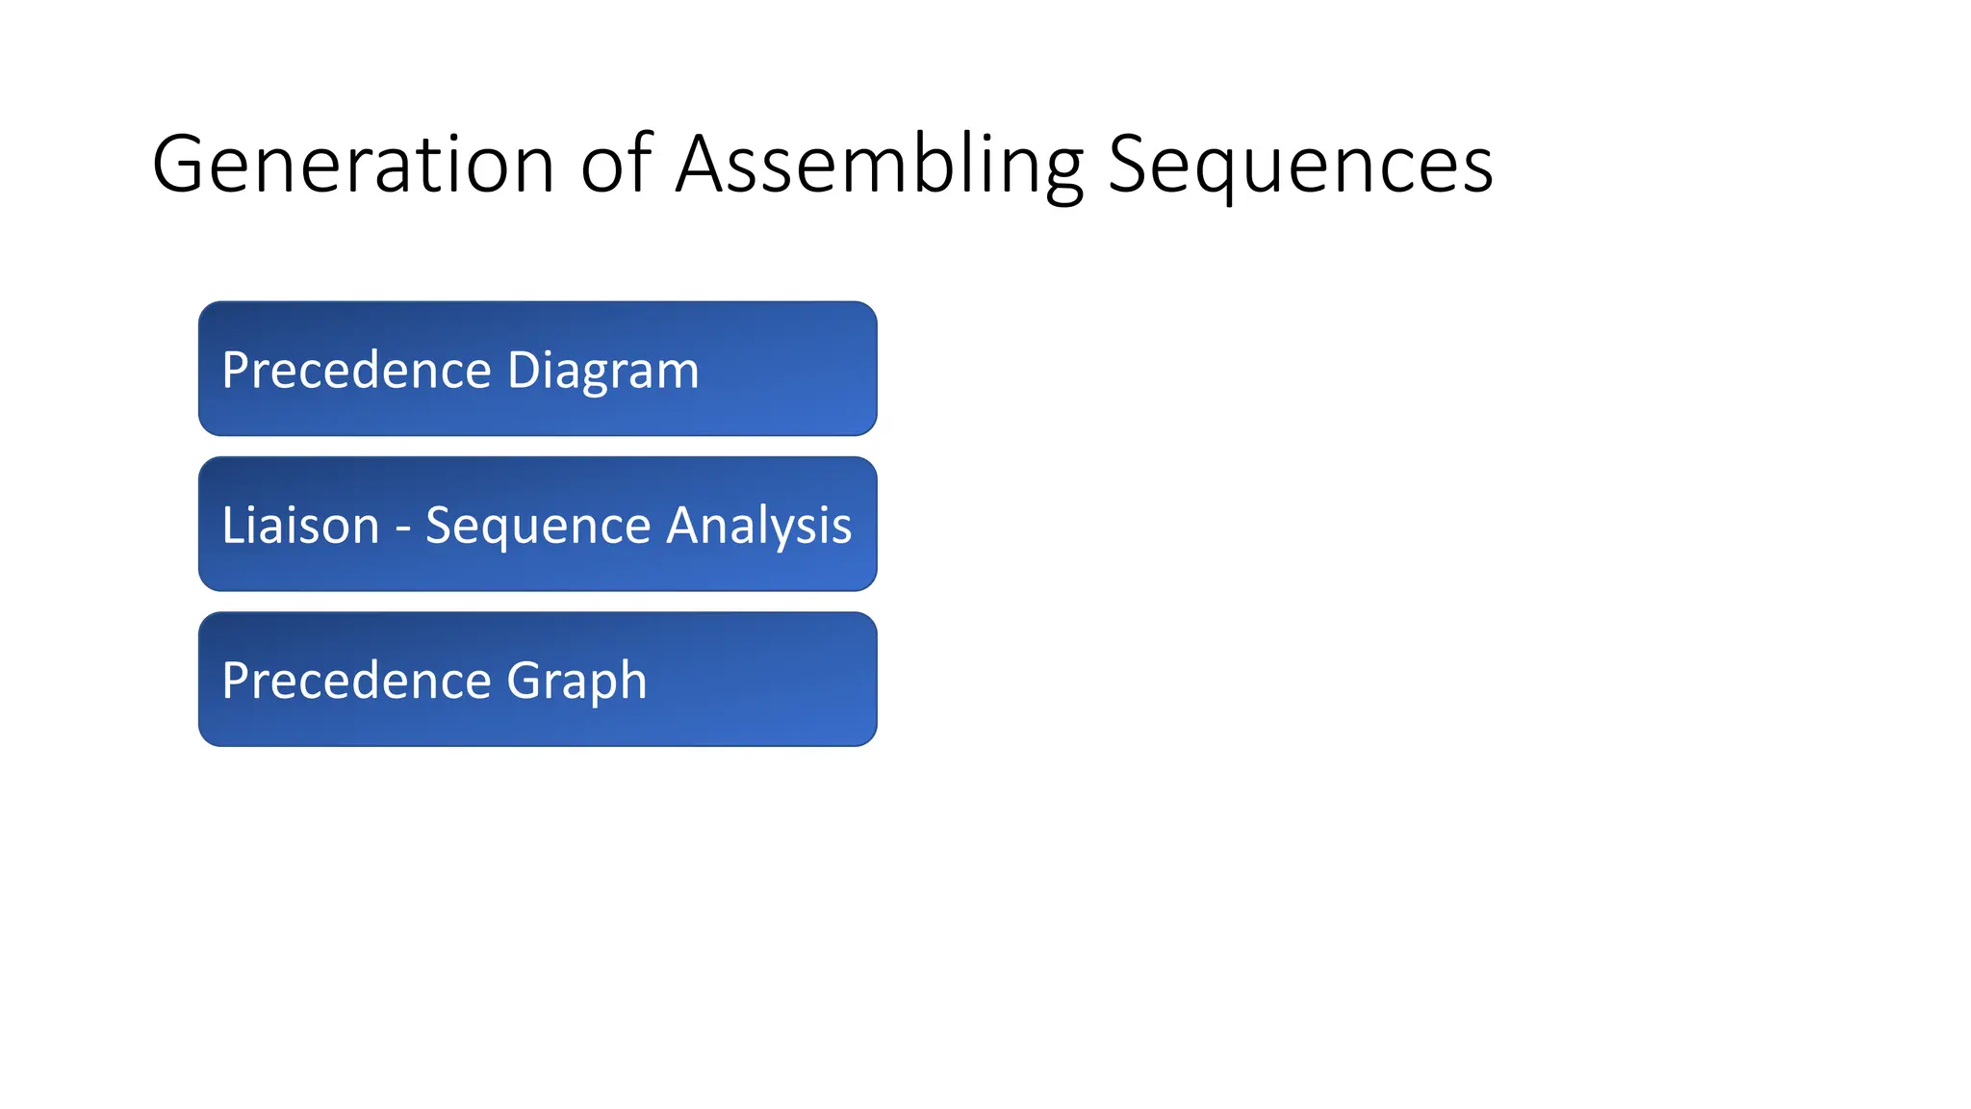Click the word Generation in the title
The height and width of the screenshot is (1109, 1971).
pos(353,165)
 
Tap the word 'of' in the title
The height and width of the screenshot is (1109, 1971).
pos(616,165)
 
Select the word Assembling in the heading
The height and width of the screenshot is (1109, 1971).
pos(879,165)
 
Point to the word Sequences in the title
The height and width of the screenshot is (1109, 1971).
pos(1300,165)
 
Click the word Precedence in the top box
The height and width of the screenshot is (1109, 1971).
pos(356,371)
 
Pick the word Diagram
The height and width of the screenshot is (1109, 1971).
pos(602,371)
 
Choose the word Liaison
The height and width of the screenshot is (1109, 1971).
pos(300,526)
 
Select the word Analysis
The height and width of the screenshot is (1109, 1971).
pos(759,526)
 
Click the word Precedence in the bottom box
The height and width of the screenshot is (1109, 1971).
pos(356,681)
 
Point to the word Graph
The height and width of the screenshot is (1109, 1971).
pos(576,681)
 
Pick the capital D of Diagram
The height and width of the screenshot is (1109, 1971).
pos(524,371)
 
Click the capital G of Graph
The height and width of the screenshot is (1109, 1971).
pos(525,681)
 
